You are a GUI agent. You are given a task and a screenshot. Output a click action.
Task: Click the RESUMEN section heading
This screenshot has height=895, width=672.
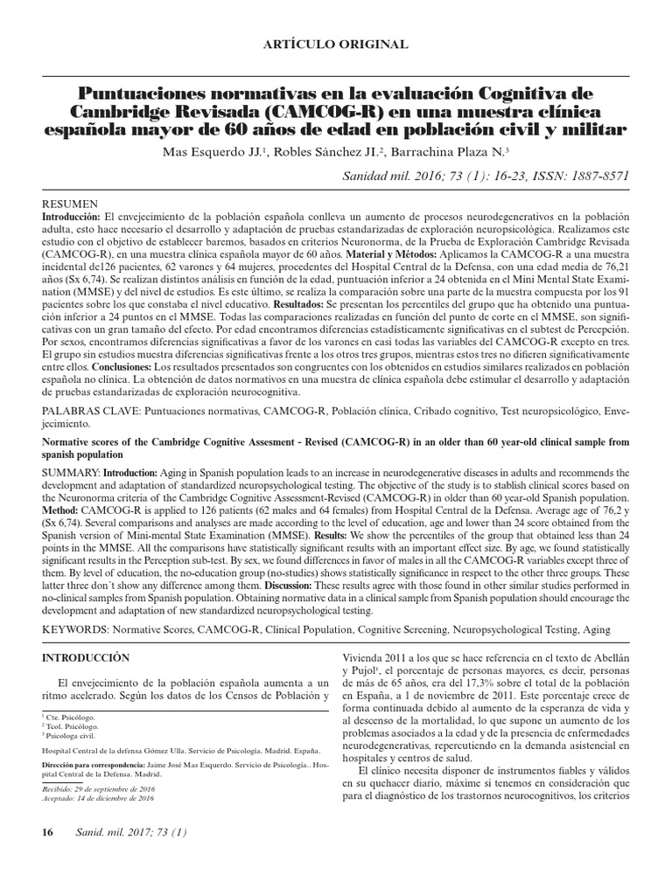coord(67,202)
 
